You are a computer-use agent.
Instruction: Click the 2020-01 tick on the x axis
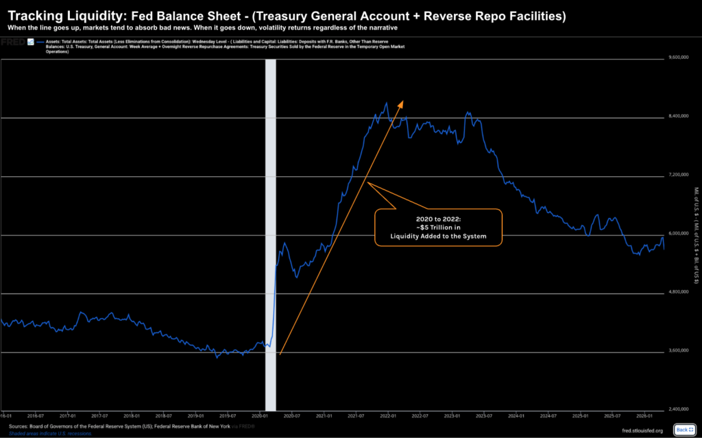point(259,415)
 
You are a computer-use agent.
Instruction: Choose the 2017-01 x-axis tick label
point(67,415)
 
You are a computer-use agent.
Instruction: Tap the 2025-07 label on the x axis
point(612,415)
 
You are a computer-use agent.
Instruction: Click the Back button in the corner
point(684,430)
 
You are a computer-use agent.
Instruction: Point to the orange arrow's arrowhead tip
point(403,101)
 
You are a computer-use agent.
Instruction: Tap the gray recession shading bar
point(270,233)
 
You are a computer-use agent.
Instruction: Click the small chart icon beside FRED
point(29,41)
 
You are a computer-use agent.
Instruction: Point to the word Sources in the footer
point(19,425)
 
